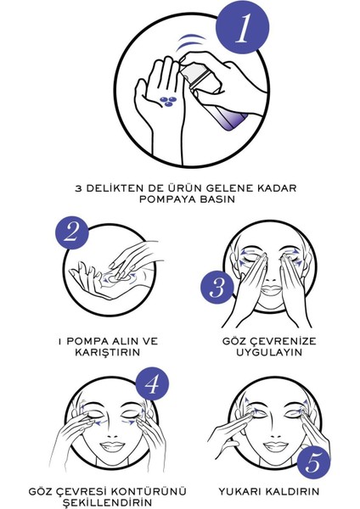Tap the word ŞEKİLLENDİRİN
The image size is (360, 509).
[115, 504]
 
